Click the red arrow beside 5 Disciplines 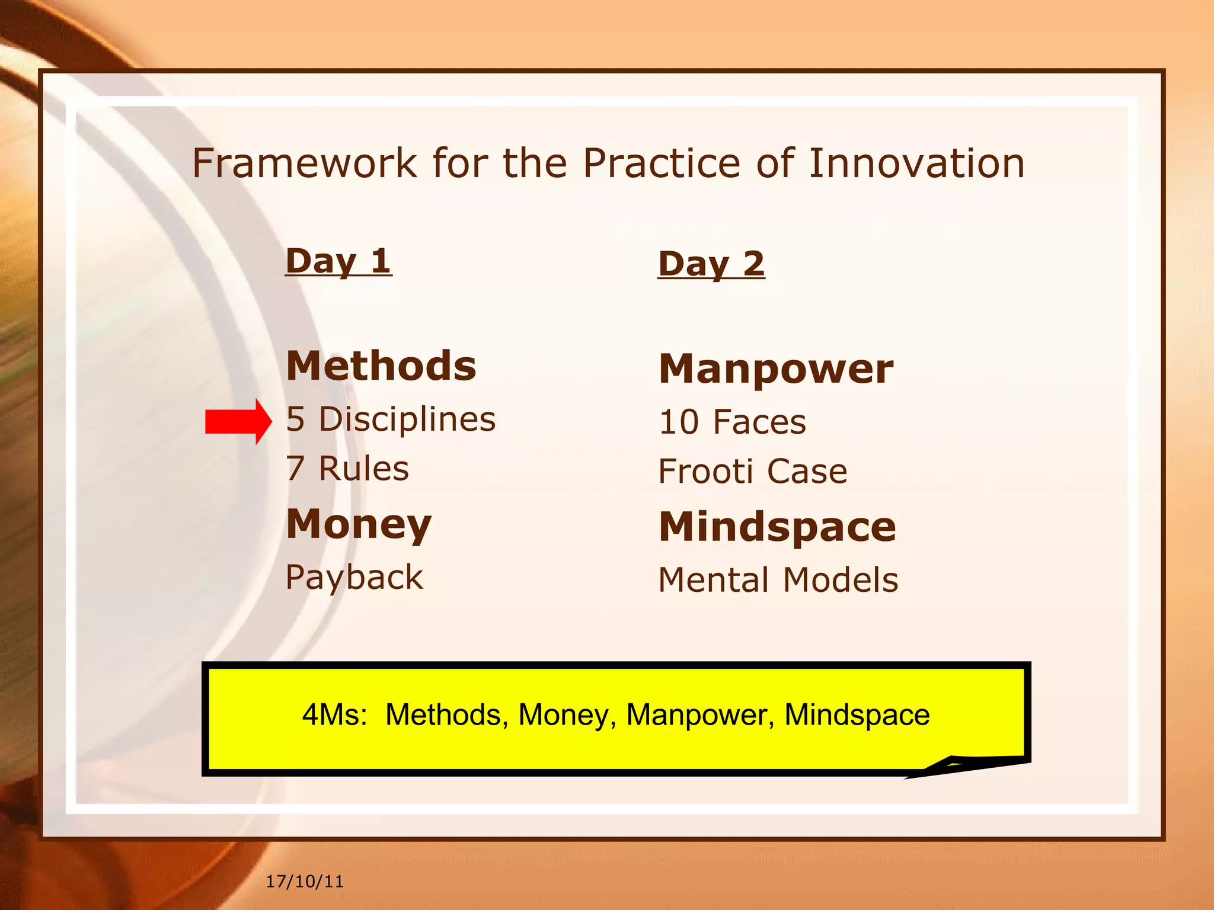point(238,422)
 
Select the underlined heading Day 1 point(338,261)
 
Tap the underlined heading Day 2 point(711,264)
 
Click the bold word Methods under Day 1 point(381,366)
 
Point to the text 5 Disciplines point(391,419)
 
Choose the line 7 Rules point(347,469)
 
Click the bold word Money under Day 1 point(359,524)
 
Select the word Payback point(354,577)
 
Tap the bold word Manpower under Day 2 point(776,369)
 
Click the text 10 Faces point(733,422)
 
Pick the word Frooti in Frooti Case point(705,472)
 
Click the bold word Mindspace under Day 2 point(777,527)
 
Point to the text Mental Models point(778,580)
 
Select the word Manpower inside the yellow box point(700,714)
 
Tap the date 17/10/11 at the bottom point(305,882)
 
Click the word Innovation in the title point(916,164)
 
